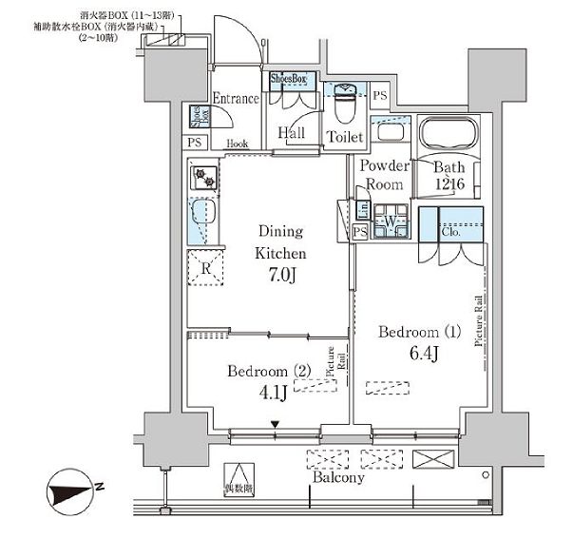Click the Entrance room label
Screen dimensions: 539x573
click(x=235, y=99)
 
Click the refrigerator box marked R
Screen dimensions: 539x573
click(x=205, y=268)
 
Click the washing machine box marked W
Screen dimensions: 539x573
click(x=390, y=223)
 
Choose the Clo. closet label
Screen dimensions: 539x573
click(x=449, y=229)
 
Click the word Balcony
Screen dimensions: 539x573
click(x=338, y=478)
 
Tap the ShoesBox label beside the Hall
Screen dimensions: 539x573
click(x=289, y=79)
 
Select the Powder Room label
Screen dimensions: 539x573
click(x=384, y=175)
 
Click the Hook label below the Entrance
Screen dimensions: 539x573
click(x=238, y=144)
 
